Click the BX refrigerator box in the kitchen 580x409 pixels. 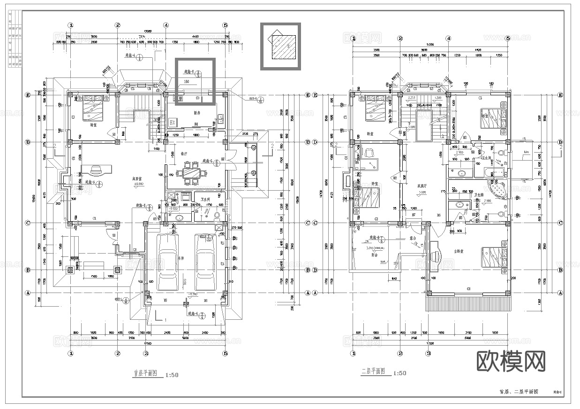[172, 122]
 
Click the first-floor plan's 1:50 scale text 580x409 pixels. [172, 374]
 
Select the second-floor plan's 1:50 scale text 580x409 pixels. [399, 374]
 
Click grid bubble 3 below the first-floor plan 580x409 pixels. [146, 354]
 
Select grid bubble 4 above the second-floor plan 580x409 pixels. [448, 39]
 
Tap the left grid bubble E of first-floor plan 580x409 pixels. [28, 95]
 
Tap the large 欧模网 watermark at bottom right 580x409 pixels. [511, 362]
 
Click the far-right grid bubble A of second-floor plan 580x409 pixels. [560, 293]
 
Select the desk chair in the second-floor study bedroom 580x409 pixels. [369, 153]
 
